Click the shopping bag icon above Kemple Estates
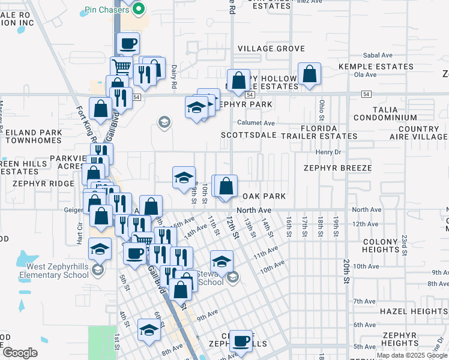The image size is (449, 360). tap(309, 74)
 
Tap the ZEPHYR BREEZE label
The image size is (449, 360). tap(337, 169)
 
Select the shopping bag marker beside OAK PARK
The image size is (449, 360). tap(226, 187)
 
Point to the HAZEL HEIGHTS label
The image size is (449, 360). tap(413, 311)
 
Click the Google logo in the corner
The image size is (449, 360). tap(20, 353)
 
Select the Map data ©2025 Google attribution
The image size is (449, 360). tap(412, 355)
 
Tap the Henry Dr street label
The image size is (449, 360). tap(328, 152)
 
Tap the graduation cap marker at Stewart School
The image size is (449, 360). tap(221, 260)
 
